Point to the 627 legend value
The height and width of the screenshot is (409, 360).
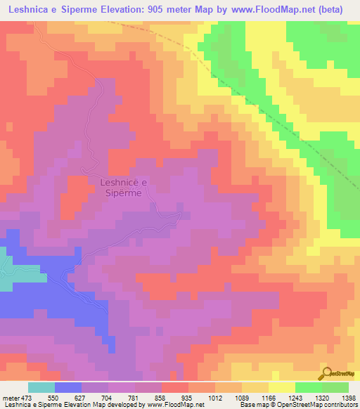pos(82,397)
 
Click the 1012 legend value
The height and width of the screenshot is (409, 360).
pos(216,397)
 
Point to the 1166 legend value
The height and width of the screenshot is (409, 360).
pos(269,397)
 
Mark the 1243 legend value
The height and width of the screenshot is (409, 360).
pos(296,397)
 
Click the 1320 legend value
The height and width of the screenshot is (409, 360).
pos(323,397)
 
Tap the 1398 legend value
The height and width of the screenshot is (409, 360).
pos(348,397)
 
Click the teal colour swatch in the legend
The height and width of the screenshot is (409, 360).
pos(41,387)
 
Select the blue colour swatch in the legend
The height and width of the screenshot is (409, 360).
pos(68,387)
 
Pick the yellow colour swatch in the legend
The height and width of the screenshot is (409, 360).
pos(282,387)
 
